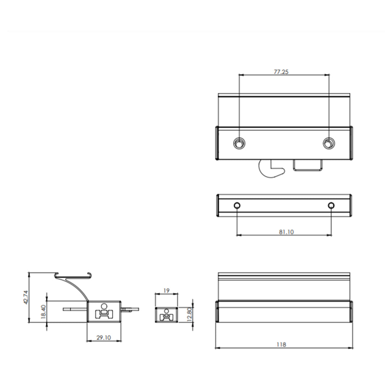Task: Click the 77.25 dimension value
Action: point(281,72)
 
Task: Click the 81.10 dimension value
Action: point(286,232)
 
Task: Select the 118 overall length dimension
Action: point(281,345)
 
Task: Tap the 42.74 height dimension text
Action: point(26,297)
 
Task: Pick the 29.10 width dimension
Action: point(104,337)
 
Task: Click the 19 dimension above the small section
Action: point(166,290)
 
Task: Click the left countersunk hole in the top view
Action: point(239,143)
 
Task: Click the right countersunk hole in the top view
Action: point(328,143)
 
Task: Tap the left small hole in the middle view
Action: point(237,206)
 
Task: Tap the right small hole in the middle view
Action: point(331,206)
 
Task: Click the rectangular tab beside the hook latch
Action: point(307,166)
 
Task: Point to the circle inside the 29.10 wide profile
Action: point(104,306)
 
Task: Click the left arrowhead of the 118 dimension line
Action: point(217,348)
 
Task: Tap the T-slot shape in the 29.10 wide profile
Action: point(104,314)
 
